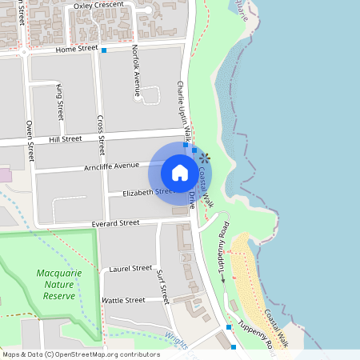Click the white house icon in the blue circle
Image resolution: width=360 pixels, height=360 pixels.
pos(179,173)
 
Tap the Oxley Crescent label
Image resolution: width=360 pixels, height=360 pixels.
pos(98,6)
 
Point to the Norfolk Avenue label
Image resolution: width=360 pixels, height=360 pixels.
pos(136,70)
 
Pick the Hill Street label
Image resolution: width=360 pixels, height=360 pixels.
pos(66,138)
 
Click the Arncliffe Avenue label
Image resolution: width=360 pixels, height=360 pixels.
pos(110,166)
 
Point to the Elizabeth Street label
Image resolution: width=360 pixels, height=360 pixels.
pos(147,192)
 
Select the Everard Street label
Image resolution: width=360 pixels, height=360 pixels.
pos(115,222)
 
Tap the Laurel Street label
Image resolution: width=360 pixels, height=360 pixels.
pos(130,268)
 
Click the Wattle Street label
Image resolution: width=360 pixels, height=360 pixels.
pos(123,300)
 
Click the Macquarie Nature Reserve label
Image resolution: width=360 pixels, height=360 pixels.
pos(56,284)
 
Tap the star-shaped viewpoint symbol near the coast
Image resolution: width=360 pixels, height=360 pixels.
pos(206,158)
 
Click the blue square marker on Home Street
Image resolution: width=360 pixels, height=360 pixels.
pos(104,50)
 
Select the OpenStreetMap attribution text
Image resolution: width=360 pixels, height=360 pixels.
pos(81,354)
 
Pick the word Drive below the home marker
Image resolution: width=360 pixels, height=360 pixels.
pos(193,200)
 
